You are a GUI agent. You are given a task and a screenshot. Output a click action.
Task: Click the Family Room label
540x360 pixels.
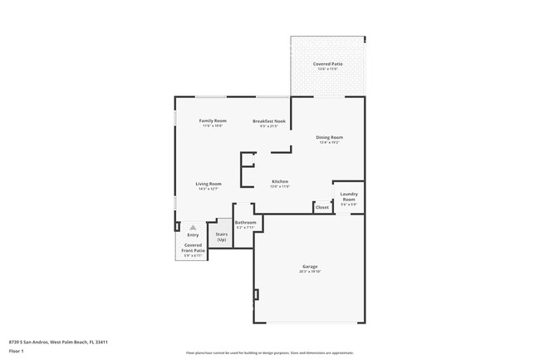(212, 121)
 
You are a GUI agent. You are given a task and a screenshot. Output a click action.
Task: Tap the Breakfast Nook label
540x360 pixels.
(270, 121)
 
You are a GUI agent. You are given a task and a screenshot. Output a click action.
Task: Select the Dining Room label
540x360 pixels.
(329, 137)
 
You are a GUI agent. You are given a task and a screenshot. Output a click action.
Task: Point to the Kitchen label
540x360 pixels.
(280, 181)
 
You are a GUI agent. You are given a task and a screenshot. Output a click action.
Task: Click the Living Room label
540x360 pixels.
(208, 184)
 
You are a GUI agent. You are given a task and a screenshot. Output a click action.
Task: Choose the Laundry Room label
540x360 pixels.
(349, 198)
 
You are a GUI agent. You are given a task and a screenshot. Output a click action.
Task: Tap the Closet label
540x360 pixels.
(322, 207)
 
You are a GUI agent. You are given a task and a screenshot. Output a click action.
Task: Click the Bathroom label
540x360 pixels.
(245, 222)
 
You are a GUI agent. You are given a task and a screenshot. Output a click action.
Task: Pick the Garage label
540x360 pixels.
(309, 266)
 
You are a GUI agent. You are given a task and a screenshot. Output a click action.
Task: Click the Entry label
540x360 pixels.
(193, 235)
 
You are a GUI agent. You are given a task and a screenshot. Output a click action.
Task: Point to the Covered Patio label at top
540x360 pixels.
(327, 63)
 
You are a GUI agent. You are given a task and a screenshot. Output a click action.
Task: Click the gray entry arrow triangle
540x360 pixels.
(193, 227)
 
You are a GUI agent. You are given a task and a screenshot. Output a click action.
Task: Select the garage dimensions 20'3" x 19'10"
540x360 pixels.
(309, 272)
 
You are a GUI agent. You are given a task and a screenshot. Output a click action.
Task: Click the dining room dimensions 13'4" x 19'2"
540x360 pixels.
(329, 142)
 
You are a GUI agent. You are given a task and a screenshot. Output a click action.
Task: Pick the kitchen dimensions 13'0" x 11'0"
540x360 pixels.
(280, 187)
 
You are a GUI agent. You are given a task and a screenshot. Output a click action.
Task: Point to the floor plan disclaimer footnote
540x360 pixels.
(270, 353)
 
